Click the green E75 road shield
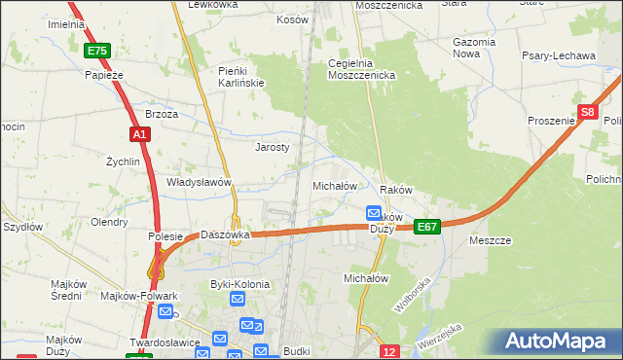[96, 51]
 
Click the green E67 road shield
[427, 226]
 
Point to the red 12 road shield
[389, 350]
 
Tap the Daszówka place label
[227, 234]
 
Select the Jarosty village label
[273, 147]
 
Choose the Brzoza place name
[162, 114]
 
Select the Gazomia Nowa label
[476, 49]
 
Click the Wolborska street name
[412, 294]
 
